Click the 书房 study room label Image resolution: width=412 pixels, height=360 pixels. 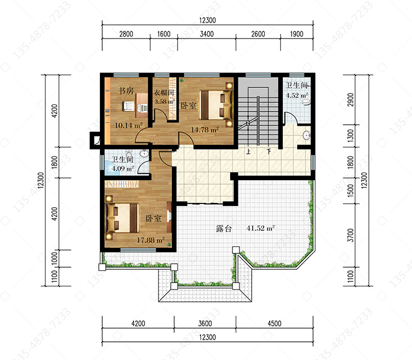[126, 91]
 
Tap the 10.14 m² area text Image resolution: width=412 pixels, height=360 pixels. [129, 125]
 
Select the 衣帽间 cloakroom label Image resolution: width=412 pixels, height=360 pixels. [164, 92]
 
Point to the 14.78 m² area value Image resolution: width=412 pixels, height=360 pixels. [205, 130]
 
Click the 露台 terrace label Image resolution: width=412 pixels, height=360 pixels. [224, 228]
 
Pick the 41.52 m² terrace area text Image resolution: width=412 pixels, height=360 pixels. [260, 228]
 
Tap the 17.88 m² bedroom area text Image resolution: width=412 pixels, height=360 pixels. [151, 240]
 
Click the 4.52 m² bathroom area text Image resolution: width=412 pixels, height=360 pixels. [297, 95]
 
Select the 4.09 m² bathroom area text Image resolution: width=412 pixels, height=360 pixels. [123, 168]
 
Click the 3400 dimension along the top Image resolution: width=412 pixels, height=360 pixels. [207, 34]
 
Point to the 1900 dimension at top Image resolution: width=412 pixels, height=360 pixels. [297, 34]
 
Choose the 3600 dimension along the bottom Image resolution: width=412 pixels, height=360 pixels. [205, 323]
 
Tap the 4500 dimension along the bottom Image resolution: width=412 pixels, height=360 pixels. [274, 323]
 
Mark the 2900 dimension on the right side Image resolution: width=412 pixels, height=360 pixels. [350, 99]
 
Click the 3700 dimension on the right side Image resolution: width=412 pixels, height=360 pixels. [350, 235]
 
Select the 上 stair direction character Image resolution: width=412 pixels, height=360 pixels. [248, 152]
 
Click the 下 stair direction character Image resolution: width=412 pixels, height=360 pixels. [269, 152]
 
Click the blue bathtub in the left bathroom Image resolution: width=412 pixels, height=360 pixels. [113, 168]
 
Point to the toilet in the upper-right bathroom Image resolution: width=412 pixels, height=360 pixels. [306, 102]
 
